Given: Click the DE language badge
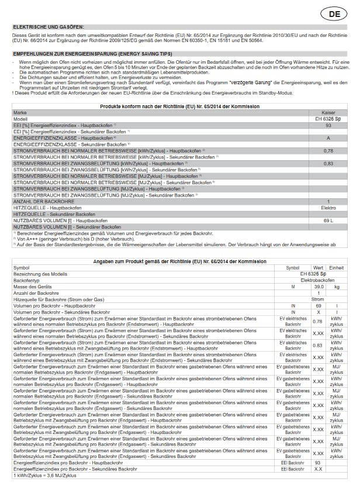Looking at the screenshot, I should pos(338,13).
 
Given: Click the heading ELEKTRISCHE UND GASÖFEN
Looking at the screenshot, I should pos(49,27).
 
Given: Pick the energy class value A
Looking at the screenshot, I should pos(328,138).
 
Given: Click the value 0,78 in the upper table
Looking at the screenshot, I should pos(328,151).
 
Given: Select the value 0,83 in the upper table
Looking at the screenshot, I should pos(328,164).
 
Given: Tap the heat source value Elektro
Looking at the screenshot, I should pos(328,208).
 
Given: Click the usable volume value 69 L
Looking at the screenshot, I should pos(328,220).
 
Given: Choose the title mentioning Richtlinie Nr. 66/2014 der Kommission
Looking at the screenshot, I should pos(180,261).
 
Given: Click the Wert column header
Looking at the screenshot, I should pos(318,268).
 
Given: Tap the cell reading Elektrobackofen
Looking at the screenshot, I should pos(318,281).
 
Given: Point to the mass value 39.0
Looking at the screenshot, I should pos(319,287).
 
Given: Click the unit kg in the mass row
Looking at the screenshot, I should pos(336,287).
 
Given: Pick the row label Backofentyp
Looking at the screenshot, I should pos(26,281).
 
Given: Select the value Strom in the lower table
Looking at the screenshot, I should pos(318,299).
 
